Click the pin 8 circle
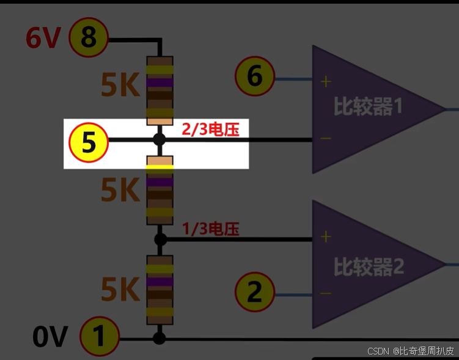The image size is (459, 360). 89,38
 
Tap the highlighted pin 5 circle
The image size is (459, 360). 89,143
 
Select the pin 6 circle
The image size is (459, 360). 254,76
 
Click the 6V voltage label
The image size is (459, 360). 43,39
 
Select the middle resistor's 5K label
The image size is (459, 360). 120,191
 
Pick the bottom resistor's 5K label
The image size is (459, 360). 120,290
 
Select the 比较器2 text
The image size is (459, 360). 369,267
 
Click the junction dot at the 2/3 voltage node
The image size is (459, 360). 160,139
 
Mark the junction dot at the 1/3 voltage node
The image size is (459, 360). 160,238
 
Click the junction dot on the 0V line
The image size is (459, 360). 160,338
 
